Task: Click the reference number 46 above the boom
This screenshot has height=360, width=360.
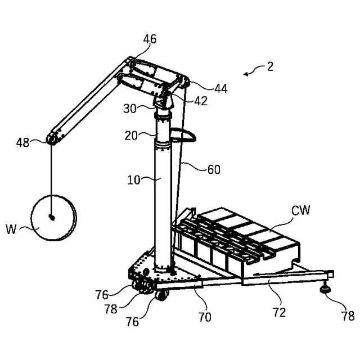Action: point(149,39)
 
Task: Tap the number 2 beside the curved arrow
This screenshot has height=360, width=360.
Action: point(271,66)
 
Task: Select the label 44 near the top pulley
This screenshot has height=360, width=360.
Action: point(220,88)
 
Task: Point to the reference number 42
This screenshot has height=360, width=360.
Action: point(201,101)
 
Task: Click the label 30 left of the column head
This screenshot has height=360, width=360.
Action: point(130,109)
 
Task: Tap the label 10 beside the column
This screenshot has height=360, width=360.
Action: point(133,180)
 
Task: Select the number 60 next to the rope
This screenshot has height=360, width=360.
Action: point(214,169)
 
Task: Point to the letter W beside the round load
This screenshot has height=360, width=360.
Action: point(12,229)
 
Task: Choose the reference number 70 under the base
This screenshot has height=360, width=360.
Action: point(205,317)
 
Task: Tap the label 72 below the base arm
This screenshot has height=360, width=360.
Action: point(280,312)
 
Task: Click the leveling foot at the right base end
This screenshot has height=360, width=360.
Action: point(326,289)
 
